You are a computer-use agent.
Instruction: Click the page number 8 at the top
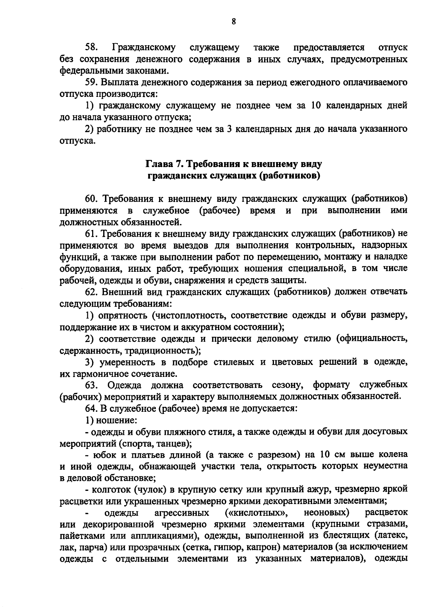point(234,22)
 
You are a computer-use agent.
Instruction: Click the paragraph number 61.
point(91,234)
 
